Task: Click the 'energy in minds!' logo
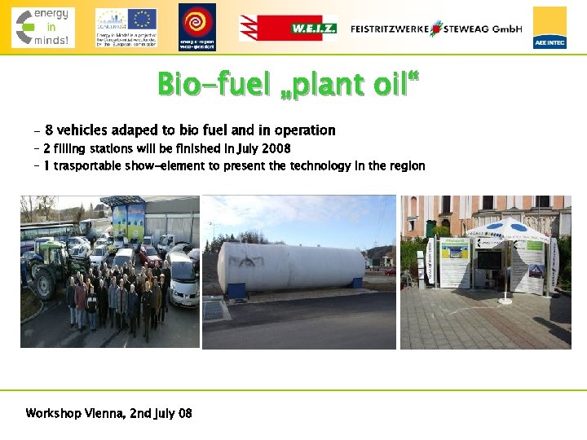[43, 27]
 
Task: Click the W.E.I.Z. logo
[287, 28]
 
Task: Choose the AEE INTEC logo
[549, 28]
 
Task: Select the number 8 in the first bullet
[49, 130]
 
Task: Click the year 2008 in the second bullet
[276, 149]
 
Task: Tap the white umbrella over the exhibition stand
[511, 228]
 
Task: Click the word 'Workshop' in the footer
[54, 413]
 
